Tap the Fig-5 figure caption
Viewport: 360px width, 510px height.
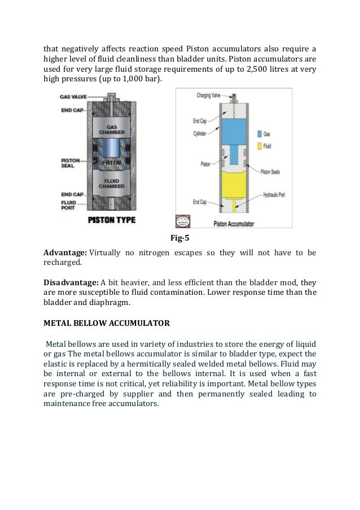(x=180, y=237)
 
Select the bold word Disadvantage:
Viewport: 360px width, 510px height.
(x=71, y=282)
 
